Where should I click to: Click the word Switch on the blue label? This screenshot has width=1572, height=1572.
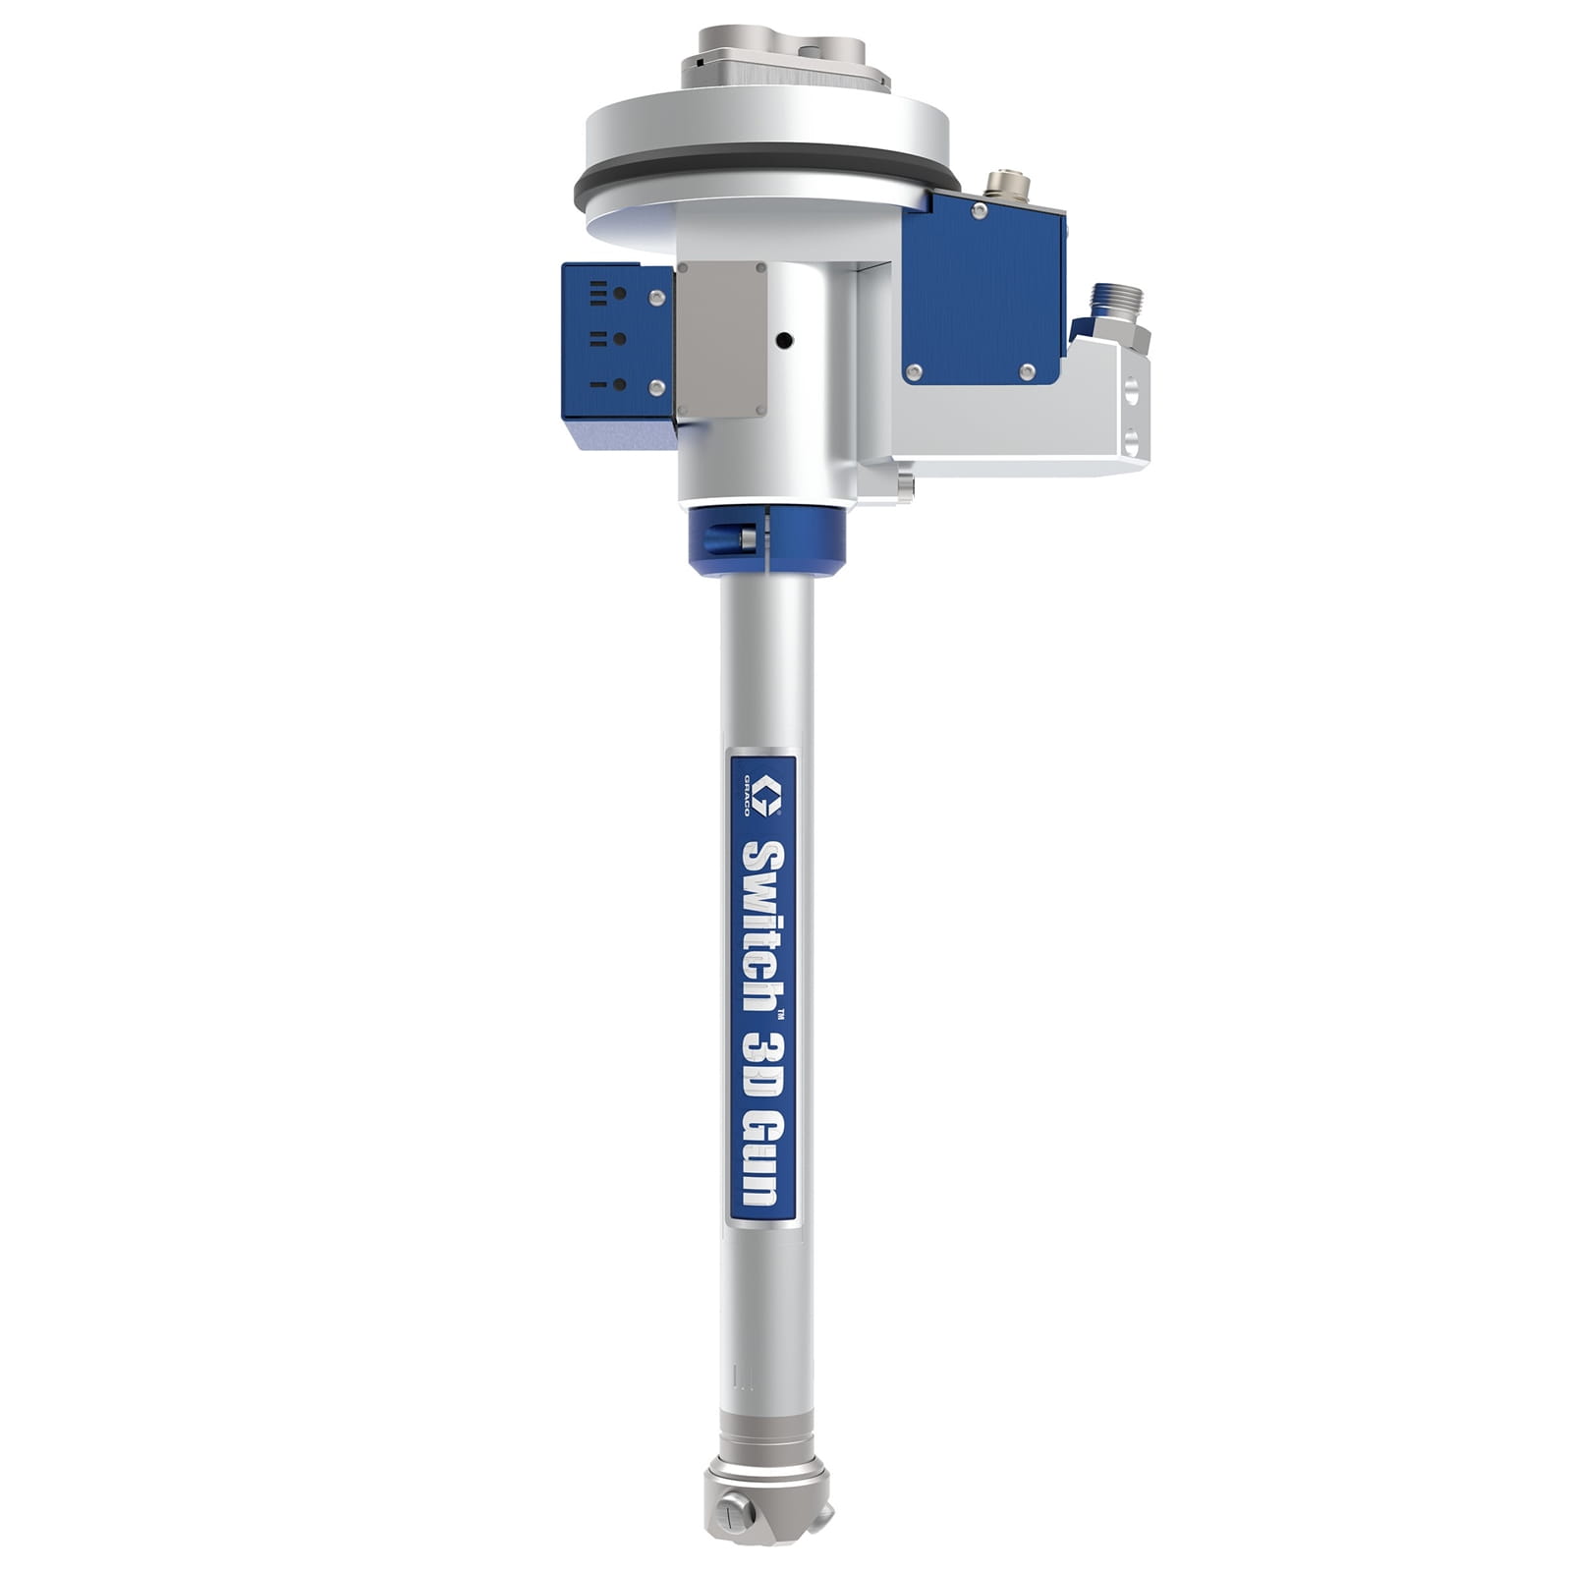(763, 927)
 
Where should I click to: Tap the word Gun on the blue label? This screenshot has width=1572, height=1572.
(763, 1158)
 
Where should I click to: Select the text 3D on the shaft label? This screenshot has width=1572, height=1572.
(763, 1061)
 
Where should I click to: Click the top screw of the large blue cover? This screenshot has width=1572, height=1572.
(979, 211)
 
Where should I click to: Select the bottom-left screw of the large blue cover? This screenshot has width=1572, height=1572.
(914, 371)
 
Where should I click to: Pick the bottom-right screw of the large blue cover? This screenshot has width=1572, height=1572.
(1027, 371)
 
